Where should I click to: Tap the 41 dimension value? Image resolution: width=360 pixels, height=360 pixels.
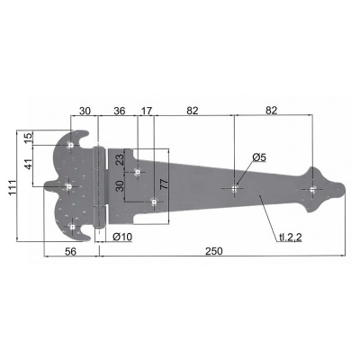[x=28, y=165]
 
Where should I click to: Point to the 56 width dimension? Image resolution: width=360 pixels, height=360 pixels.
[x=70, y=255]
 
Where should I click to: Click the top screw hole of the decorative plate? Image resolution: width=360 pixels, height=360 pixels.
[x=70, y=147]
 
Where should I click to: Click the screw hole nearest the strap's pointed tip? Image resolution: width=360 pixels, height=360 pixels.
[x=312, y=189]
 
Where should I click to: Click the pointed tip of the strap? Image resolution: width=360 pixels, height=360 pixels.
[x=347, y=189]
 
